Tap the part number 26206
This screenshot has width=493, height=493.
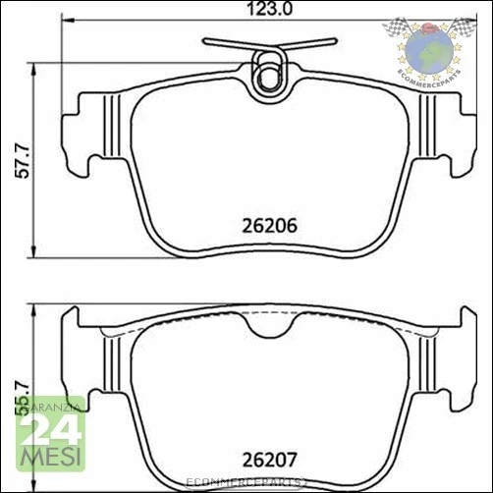[268, 224]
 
